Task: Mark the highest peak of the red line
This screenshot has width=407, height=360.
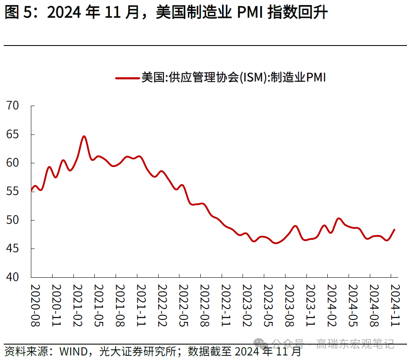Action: (84, 136)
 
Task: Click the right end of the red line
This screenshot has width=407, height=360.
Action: (394, 229)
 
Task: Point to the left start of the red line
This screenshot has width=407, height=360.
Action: (31, 191)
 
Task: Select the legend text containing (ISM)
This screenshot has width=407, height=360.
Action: (234, 78)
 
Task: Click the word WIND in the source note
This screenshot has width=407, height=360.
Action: (74, 351)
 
